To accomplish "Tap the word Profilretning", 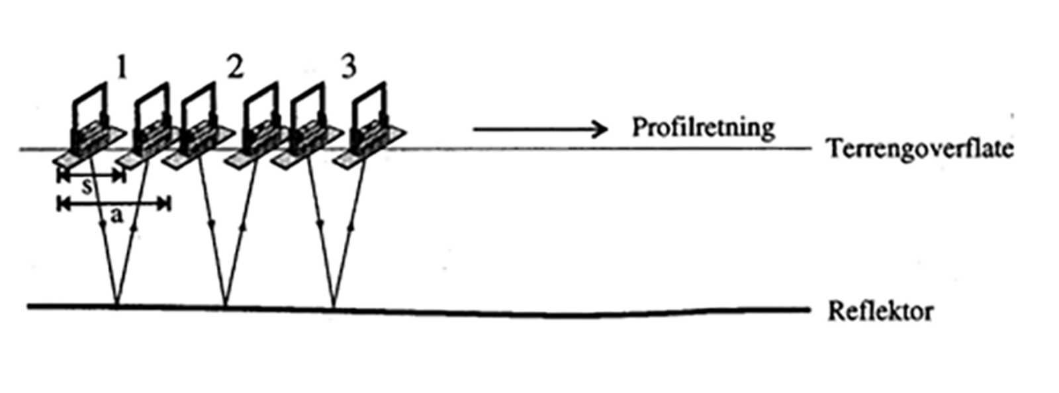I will coord(703,127).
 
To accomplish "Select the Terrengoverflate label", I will coord(919,149).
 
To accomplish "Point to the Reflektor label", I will coord(880,310).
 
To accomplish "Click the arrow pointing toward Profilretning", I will coord(539,128).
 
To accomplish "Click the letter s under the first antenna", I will coord(87,187).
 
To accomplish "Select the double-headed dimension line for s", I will coord(91,175).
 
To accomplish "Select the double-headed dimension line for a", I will coord(114,204).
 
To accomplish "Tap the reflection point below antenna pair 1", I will coord(116,306).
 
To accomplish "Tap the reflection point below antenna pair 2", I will coord(226,306).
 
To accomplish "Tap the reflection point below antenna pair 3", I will coord(334,307).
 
